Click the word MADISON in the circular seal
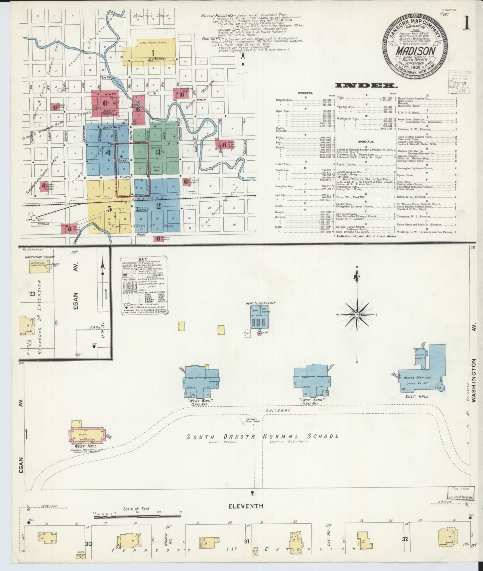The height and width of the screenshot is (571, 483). tap(415, 50)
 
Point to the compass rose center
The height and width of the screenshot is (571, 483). tap(357, 315)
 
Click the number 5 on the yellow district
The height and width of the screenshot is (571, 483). tap(109, 209)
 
